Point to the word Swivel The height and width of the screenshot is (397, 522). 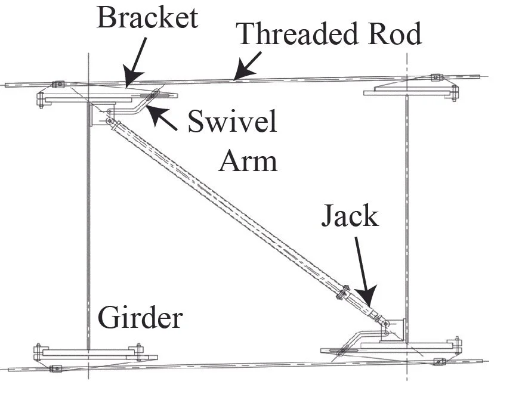click(x=232, y=123)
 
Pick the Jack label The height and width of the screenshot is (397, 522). click(x=350, y=216)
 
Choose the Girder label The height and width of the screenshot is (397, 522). click(x=140, y=318)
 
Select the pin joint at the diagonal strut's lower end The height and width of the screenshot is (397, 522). click(x=386, y=324)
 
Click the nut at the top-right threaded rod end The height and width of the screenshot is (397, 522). click(x=436, y=77)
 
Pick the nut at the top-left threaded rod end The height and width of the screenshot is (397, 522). click(x=58, y=84)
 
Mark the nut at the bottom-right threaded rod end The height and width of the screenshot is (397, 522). click(x=439, y=361)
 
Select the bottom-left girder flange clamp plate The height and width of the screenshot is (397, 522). click(x=89, y=352)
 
